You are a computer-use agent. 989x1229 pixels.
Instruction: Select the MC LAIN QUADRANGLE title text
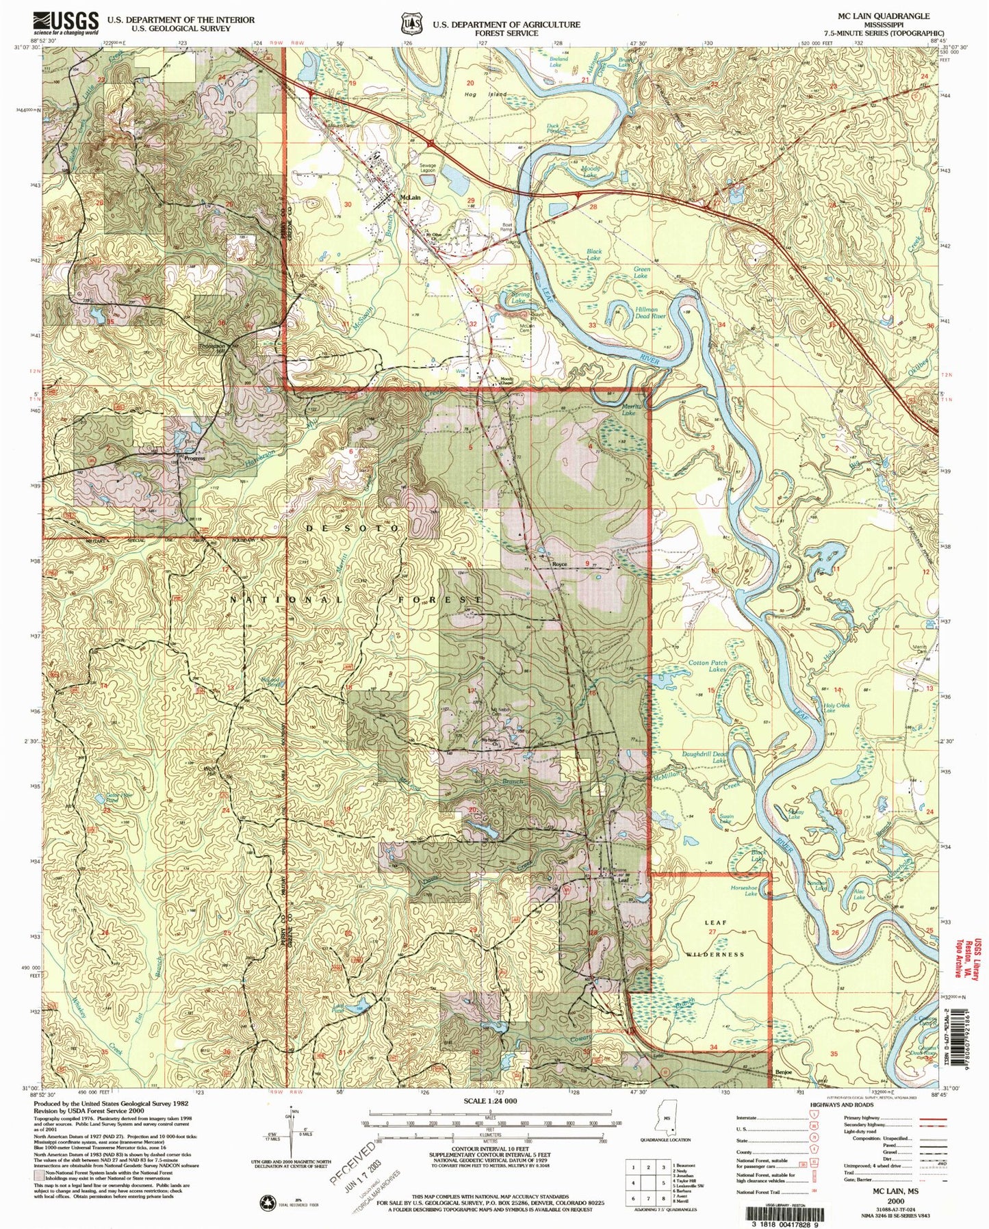[884, 16]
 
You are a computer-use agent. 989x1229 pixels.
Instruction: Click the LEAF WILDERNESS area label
[715, 937]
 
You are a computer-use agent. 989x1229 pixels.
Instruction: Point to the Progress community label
[192, 459]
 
